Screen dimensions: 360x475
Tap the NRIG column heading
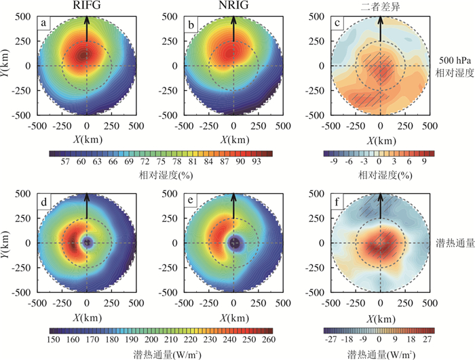tap(233, 6)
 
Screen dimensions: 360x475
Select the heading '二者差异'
tap(380, 6)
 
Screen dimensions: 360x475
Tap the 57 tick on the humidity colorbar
tap(66, 163)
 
